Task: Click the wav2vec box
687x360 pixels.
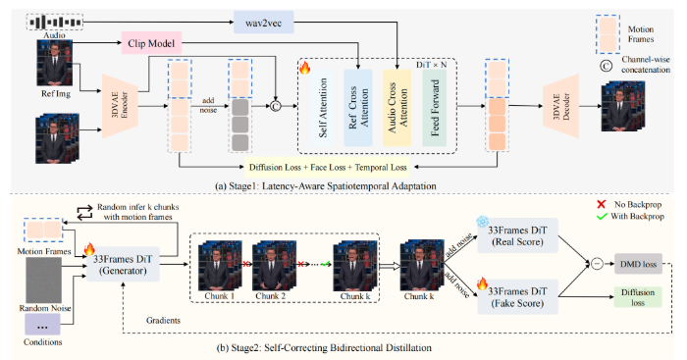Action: pyautogui.click(x=263, y=23)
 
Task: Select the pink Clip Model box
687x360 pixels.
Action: pyautogui.click(x=151, y=43)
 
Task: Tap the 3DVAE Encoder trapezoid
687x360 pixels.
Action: pyautogui.click(x=120, y=106)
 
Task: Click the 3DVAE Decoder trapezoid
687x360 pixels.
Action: pyautogui.click(x=560, y=106)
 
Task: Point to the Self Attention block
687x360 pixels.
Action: pyautogui.click(x=323, y=108)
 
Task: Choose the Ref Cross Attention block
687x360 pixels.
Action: pyautogui.click(x=358, y=108)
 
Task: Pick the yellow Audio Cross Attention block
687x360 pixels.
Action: pyautogui.click(x=396, y=108)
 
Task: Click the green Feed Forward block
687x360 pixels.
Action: pyautogui.click(x=434, y=108)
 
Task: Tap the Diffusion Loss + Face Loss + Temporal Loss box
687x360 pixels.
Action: pyautogui.click(x=328, y=168)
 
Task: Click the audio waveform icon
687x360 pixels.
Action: pyautogui.click(x=55, y=22)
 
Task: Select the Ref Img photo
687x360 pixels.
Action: pyautogui.click(x=54, y=63)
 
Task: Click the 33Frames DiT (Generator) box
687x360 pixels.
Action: pyautogui.click(x=123, y=265)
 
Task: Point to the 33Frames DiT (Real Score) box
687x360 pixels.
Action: pyautogui.click(x=517, y=235)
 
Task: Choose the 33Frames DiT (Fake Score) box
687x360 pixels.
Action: pyautogui.click(x=517, y=297)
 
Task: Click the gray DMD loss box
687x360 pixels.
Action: pyautogui.click(x=638, y=264)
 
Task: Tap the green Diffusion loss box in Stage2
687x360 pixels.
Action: pyautogui.click(x=638, y=297)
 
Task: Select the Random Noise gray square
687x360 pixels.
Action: pyautogui.click(x=44, y=280)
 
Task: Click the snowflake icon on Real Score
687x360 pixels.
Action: pyautogui.click(x=483, y=222)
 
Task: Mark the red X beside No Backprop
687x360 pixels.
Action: pyautogui.click(x=602, y=205)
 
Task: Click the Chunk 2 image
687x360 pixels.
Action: pyautogui.click(x=274, y=267)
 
